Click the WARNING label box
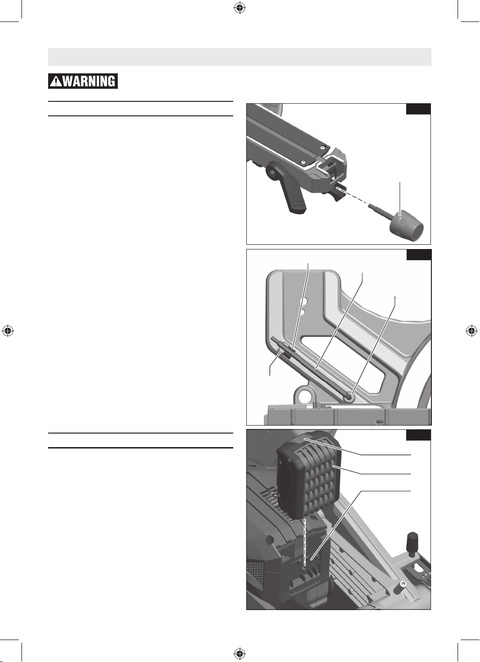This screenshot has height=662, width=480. pyautogui.click(x=83, y=81)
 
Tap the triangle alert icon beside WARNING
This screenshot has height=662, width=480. pyautogui.click(x=56, y=81)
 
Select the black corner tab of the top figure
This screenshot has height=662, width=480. pyautogui.click(x=418, y=109)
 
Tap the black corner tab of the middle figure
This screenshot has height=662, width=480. pyautogui.click(x=419, y=255)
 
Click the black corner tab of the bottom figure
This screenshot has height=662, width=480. pyautogui.click(x=418, y=435)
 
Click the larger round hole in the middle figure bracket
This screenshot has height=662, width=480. pyautogui.click(x=302, y=301)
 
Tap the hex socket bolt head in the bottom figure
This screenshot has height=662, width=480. pyautogui.click(x=403, y=584)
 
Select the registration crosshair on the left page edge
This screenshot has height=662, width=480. pyautogui.click(x=8, y=331)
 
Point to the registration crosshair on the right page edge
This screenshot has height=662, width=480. pyautogui.click(x=472, y=331)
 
